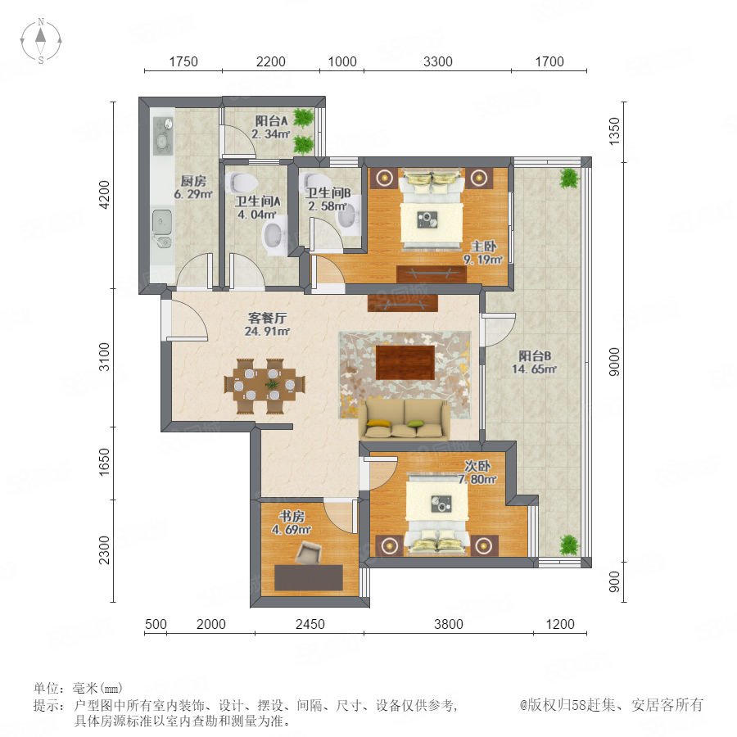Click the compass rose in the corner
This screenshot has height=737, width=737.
41,40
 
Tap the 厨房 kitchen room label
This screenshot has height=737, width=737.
193,180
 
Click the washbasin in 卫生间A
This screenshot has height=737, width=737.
274,236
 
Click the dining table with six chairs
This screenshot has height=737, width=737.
265,387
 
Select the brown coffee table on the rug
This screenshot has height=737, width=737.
405,363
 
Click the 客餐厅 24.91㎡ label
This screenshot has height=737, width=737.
267,324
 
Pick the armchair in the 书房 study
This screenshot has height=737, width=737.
308,552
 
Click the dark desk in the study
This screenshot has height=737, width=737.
309,577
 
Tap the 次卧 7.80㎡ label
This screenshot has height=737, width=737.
477,472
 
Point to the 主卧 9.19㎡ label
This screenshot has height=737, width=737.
483,253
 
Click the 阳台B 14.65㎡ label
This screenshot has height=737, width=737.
535,363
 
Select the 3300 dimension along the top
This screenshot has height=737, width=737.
437,61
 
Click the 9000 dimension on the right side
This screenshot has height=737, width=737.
614,362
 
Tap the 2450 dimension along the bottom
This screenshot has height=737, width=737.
310,624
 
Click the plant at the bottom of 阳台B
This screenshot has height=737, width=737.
569,545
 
